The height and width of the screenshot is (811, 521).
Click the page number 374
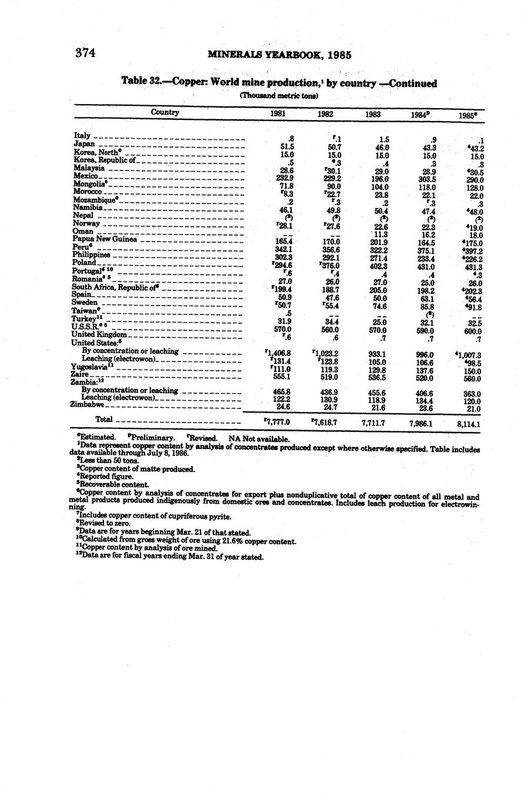point(85,53)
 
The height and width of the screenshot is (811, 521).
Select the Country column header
point(165,112)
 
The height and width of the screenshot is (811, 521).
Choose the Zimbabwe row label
point(87,404)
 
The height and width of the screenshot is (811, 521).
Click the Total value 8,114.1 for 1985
point(468,424)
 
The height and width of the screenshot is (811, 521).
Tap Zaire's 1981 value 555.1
point(284,376)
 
